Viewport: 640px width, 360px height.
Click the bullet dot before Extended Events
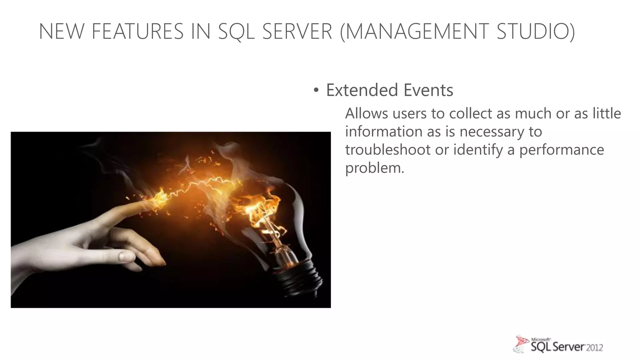point(316,91)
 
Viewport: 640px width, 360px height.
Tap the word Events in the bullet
point(428,90)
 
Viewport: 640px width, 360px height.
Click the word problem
point(374,168)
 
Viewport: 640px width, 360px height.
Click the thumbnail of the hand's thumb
point(127,257)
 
